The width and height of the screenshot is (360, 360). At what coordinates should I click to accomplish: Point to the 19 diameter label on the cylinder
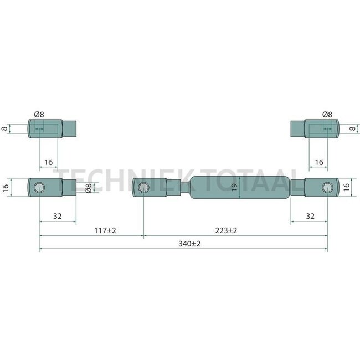coord(234,187)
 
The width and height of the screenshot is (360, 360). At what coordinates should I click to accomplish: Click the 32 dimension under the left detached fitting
coord(58,216)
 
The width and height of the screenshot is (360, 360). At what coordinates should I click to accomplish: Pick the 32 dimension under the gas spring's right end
coord(310,216)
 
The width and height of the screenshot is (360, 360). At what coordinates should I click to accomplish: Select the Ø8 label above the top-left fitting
coord(39,114)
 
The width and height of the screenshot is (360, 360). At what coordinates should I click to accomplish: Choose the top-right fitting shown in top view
coord(314,128)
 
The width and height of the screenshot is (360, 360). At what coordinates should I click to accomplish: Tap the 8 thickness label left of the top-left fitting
coord(5,128)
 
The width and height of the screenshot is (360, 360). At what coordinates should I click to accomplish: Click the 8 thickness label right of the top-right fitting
coord(352,128)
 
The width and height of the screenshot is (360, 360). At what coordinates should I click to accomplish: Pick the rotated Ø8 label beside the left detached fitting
coord(88,188)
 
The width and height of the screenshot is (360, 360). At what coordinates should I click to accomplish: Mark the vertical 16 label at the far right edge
coord(348,187)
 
